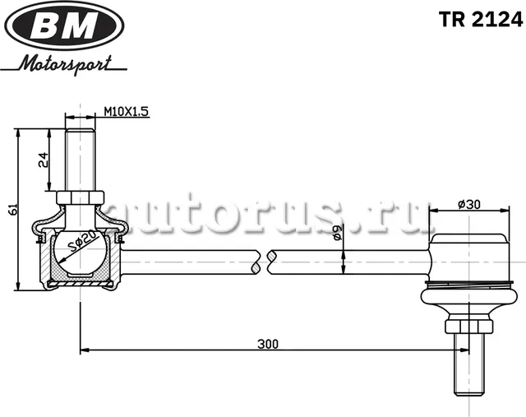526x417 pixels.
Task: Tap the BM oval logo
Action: [64, 29]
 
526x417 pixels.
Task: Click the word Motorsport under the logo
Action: [72, 64]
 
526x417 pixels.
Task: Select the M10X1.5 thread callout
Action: [127, 113]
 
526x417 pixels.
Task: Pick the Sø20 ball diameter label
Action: [83, 244]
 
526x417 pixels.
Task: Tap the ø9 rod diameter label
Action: [338, 235]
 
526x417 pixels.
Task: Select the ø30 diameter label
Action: [468, 204]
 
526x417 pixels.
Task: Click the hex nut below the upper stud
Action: [80, 197]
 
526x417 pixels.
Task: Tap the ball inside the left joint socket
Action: [80, 253]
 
